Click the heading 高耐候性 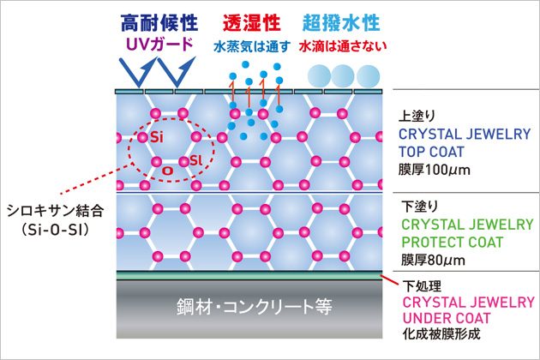(x=159, y=23)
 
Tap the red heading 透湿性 (x=252, y=23)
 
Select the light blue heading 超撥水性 (x=341, y=23)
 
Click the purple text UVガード (x=159, y=45)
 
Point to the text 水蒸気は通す (x=252, y=46)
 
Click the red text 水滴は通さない (x=343, y=46)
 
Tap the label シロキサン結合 (x=55, y=211)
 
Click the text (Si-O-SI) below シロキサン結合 (x=55, y=230)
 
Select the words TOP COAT (x=431, y=152)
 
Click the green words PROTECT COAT (x=453, y=243)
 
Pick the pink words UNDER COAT (x=446, y=318)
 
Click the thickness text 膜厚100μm (x=435, y=170)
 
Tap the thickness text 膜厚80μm (x=433, y=260)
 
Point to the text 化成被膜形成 (x=441, y=333)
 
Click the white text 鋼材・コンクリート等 (x=255, y=306)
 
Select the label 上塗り (x=417, y=116)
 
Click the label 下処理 (x=422, y=286)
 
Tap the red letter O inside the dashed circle (x=168, y=171)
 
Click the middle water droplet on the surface (x=342, y=76)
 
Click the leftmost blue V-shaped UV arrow (x=138, y=72)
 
